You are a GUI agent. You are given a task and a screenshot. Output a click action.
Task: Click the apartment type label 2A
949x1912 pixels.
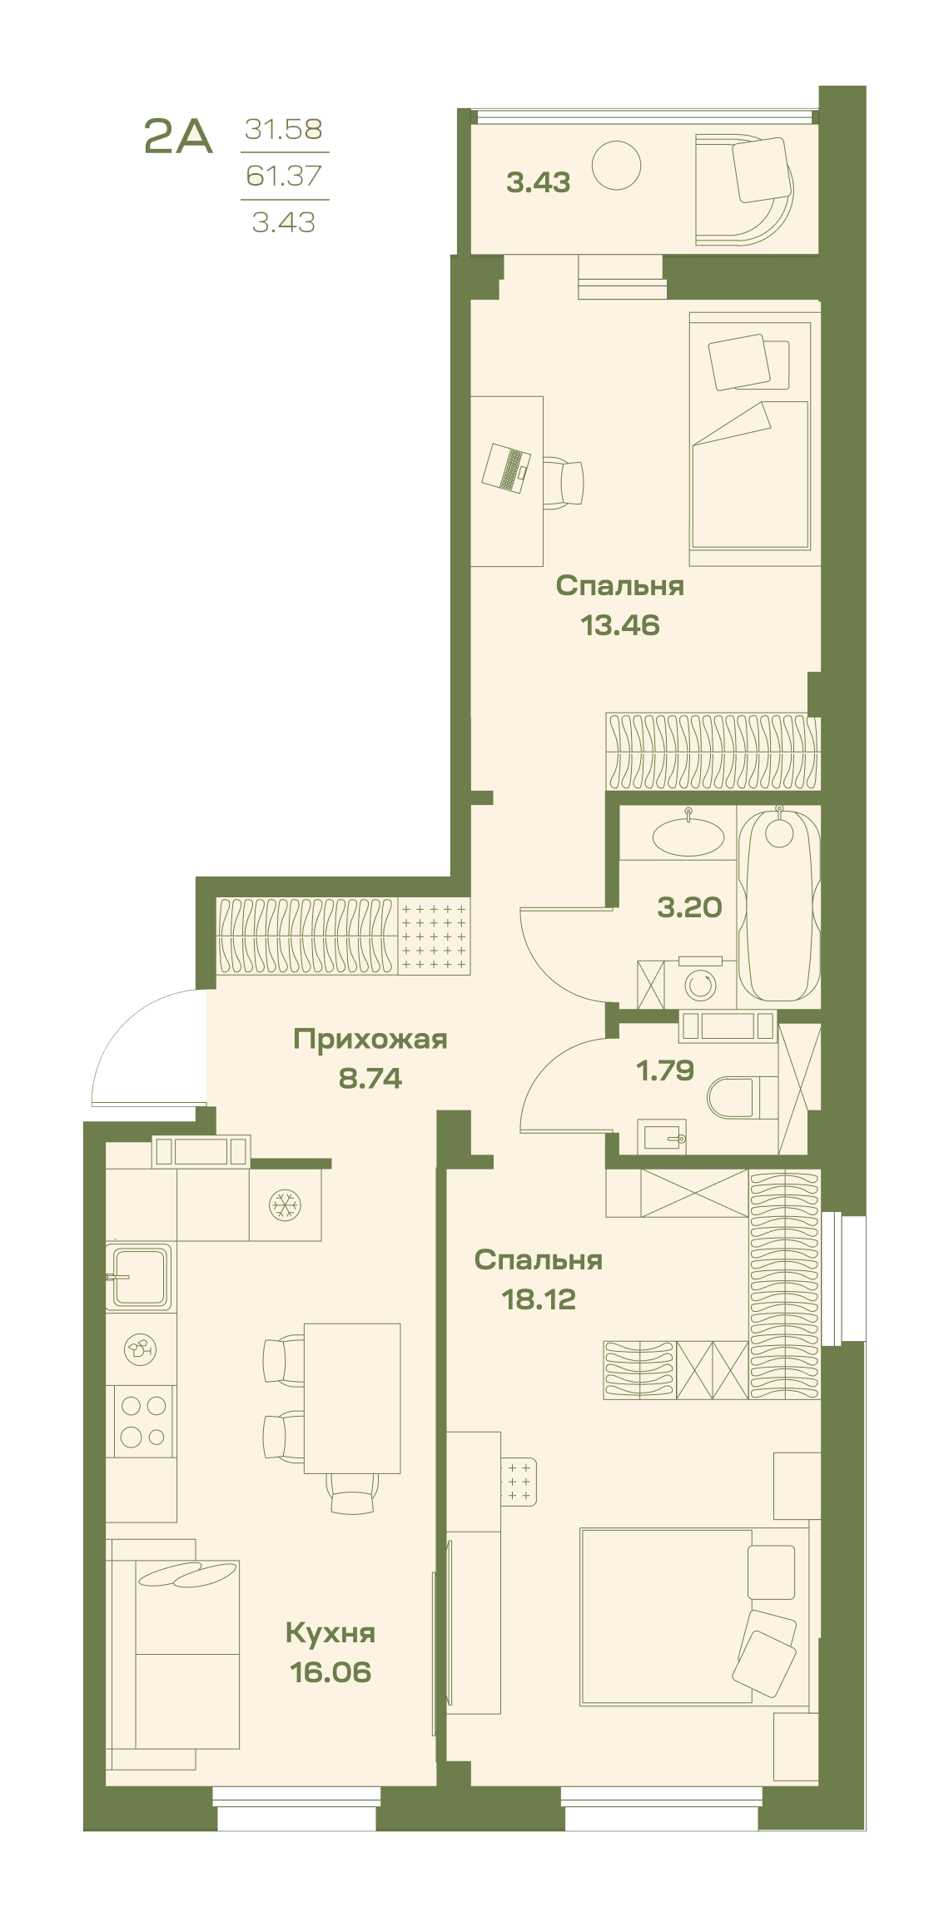pyautogui.click(x=178, y=137)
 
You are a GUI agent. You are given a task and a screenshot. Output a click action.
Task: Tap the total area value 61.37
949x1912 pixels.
pyautogui.click(x=284, y=176)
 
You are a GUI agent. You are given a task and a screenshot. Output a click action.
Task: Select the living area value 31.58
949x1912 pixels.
pyautogui.click(x=284, y=129)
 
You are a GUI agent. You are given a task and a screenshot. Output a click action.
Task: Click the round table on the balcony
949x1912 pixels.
pyautogui.click(x=617, y=166)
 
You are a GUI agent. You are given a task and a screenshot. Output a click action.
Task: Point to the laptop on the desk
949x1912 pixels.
pyautogui.click(x=506, y=469)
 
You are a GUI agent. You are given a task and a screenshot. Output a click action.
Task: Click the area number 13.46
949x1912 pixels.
pyautogui.click(x=620, y=625)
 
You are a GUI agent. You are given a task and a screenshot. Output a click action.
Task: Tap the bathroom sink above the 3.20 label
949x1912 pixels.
pyautogui.click(x=688, y=837)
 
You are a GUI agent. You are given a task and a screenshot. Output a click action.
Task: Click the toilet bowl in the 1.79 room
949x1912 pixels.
pyautogui.click(x=733, y=1098)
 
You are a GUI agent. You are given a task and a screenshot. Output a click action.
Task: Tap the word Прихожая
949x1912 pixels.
pyautogui.click(x=370, y=1039)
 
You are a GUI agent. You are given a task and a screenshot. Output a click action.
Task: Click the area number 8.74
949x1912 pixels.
pyautogui.click(x=370, y=1079)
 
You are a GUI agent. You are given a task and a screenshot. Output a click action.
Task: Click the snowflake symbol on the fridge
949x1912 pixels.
pyautogui.click(x=285, y=1204)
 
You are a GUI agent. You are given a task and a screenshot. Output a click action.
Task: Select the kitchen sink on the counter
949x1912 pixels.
pyautogui.click(x=139, y=1276)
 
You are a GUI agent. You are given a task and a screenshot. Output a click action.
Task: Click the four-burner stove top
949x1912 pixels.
pyautogui.click(x=142, y=1420)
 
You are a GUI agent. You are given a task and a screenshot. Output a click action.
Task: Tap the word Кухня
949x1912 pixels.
pyautogui.click(x=330, y=1633)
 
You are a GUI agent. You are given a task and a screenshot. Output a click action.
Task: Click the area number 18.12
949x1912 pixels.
pyautogui.click(x=539, y=1299)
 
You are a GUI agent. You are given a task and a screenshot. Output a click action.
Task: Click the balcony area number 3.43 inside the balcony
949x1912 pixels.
pyautogui.click(x=539, y=182)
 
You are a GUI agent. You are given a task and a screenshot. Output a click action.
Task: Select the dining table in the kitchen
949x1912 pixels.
pyautogui.click(x=352, y=1398)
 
